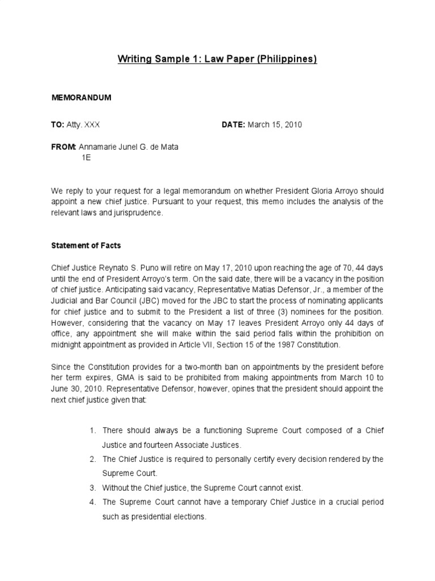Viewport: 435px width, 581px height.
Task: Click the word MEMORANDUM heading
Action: (82, 98)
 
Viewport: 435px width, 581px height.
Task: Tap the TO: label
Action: (57, 125)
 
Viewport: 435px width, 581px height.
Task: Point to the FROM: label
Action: (63, 148)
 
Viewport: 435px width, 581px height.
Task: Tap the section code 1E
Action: (86, 158)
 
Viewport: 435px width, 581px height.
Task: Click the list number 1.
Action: (92, 431)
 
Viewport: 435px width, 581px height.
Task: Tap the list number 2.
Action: (92, 458)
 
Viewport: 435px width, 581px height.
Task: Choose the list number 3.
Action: (92, 487)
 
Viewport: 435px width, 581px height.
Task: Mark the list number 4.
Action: (92, 502)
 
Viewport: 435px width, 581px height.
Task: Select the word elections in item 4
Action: (189, 517)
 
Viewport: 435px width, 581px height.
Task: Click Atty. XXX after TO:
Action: (84, 125)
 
